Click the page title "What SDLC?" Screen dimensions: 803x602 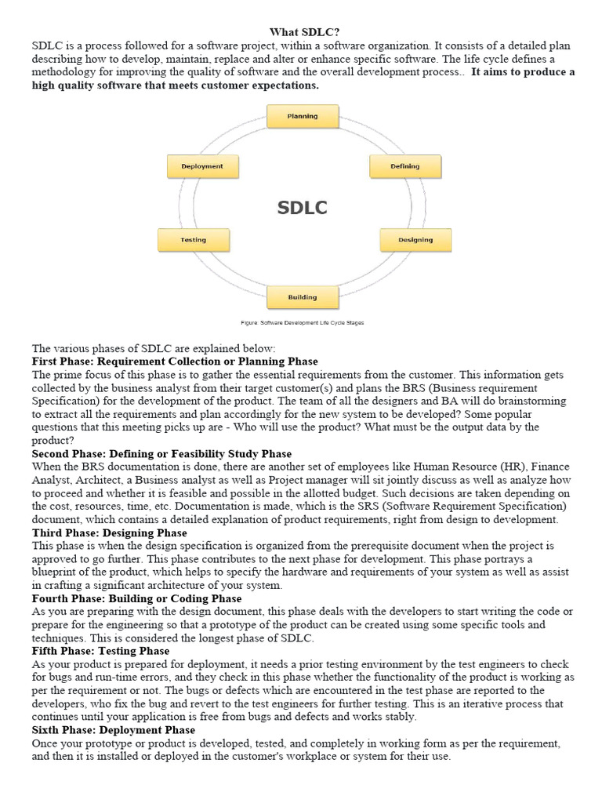pos(305,32)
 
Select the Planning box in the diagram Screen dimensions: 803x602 pos(303,117)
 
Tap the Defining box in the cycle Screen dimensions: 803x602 pos(405,166)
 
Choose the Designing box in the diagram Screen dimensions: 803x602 pos(415,240)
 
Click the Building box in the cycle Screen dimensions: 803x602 pos(303,297)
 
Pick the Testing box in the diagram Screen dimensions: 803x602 pos(194,240)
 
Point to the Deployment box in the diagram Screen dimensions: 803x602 pos(202,166)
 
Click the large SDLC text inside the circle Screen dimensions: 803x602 pos(302,208)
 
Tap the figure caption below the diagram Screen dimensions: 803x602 pos(302,322)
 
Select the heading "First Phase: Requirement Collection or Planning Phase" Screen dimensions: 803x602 pos(175,362)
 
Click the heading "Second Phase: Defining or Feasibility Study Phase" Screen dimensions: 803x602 pos(161,454)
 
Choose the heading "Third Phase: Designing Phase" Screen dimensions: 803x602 pos(109,533)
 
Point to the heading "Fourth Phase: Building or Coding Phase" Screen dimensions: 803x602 pos(136,599)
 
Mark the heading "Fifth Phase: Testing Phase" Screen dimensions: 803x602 pos(100,652)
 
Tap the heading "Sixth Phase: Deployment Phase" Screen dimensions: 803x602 pos(113,731)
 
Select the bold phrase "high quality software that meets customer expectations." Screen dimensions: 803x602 pos(175,85)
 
